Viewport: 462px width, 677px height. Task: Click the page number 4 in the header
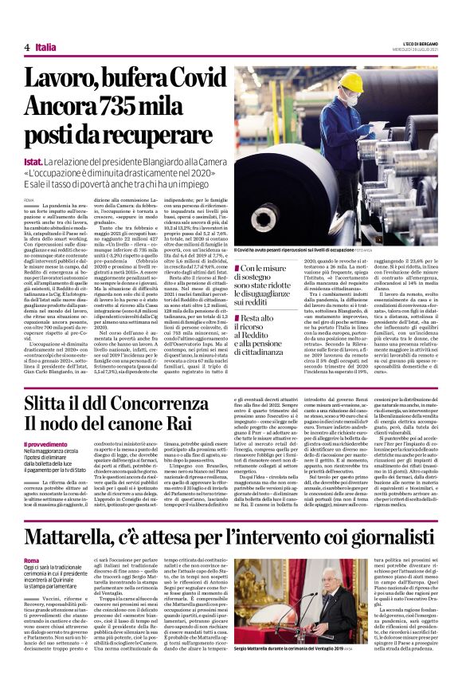tap(26, 47)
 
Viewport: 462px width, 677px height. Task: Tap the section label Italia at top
tap(45, 47)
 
